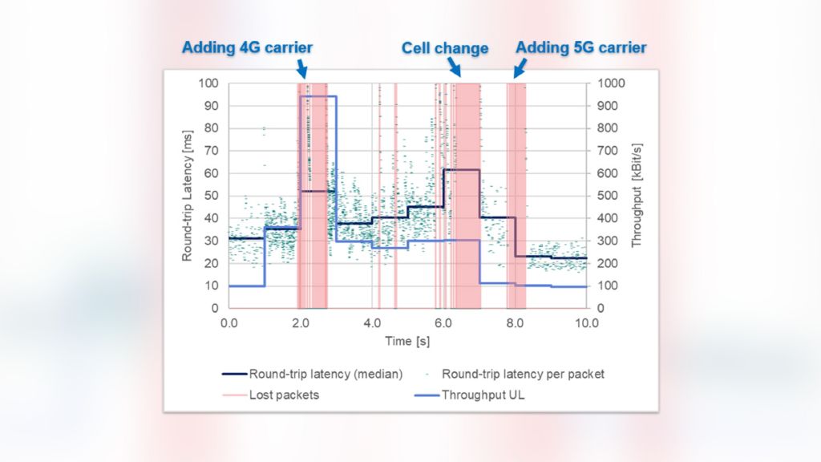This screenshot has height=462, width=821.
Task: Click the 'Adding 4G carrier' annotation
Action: pos(247,47)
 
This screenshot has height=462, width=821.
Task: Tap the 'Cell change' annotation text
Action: pos(444,48)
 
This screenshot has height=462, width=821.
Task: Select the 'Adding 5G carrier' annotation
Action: pos(580,47)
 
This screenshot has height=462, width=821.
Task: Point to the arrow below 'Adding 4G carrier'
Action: pos(301,68)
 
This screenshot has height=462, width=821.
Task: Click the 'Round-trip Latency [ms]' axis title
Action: pos(188,195)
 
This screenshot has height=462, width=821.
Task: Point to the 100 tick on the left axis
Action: pos(208,83)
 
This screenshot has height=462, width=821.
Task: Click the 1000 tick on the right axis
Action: pos(606,83)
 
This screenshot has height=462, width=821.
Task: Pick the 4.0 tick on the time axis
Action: pos(372,322)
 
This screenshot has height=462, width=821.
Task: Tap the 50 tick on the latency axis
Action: pos(212,196)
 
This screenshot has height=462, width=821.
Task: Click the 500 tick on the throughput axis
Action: pos(603,196)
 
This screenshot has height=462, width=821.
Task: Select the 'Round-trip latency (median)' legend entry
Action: pos(313,374)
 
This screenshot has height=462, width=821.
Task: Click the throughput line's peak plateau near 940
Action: pos(318,96)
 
